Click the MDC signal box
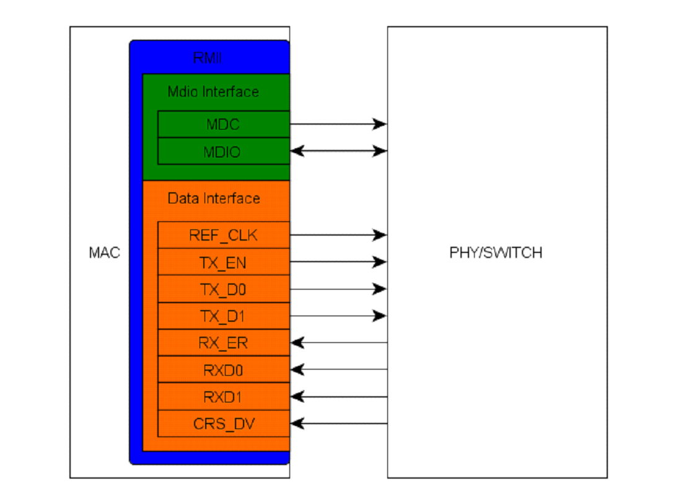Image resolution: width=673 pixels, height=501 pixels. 223,125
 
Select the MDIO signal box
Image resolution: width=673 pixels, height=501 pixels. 223,151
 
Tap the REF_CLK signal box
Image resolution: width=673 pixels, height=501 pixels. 223,236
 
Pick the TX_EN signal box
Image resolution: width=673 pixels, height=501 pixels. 223,262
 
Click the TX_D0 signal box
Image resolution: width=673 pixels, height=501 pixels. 223,289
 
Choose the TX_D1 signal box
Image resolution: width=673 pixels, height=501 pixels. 223,316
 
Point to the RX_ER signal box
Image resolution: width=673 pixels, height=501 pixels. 223,343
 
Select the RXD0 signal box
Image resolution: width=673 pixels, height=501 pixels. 223,370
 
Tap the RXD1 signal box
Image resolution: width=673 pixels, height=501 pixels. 223,396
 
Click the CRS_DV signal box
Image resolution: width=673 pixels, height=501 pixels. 223,423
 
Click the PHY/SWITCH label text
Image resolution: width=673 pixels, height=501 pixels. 496,253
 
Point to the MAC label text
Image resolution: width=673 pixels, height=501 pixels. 105,253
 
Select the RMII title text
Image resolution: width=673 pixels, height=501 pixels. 208,59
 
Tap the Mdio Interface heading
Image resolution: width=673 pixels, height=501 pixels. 213,92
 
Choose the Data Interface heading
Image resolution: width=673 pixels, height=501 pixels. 214,198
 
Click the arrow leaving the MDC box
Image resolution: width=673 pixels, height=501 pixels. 338,125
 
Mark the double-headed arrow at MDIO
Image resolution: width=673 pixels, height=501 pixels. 338,151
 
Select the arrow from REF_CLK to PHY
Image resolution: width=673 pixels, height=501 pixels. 338,236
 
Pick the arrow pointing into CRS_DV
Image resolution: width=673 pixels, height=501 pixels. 338,424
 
